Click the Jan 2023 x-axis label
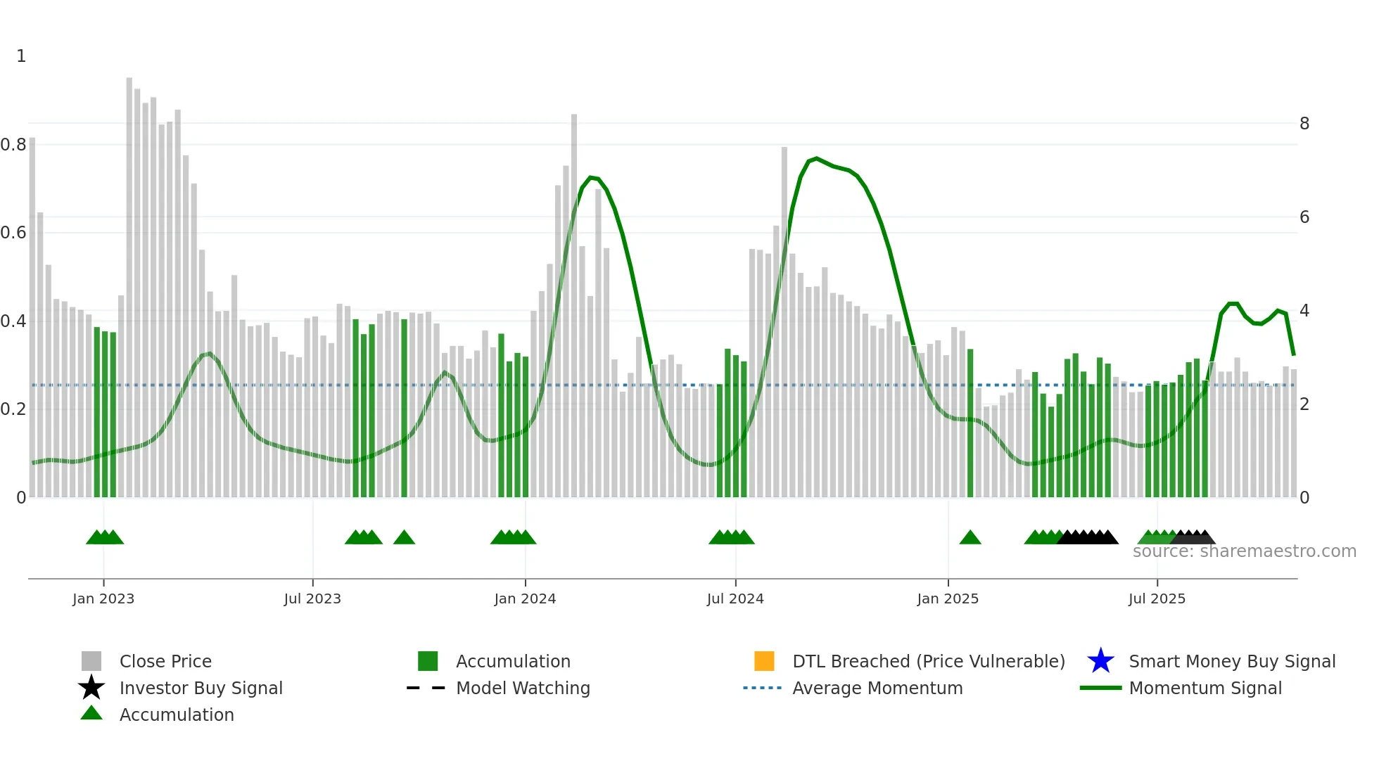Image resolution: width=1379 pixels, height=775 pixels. click(103, 598)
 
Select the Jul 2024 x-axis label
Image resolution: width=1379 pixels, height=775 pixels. click(735, 598)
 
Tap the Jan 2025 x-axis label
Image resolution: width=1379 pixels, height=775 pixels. click(947, 598)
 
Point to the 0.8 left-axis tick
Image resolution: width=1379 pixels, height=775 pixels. click(13, 145)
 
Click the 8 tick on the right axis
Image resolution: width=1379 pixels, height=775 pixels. click(1304, 124)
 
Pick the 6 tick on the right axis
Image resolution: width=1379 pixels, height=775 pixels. click(1304, 217)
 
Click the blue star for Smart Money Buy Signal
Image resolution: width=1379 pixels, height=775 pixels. click(1100, 661)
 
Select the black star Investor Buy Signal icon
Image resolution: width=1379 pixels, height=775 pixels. click(91, 688)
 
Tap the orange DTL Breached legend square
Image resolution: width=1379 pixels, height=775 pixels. click(763, 661)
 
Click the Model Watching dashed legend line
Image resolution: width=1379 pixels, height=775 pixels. click(426, 688)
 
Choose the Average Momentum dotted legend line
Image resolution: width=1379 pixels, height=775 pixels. click(762, 688)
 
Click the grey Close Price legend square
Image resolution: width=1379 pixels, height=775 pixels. click(91, 661)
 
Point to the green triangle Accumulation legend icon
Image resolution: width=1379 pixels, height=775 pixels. click(91, 713)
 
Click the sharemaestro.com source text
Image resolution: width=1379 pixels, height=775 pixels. click(1244, 551)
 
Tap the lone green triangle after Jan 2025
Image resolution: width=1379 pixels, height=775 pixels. click(970, 538)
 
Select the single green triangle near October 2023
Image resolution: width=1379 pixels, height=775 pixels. click(404, 538)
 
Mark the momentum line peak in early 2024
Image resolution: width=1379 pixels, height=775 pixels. click(591, 177)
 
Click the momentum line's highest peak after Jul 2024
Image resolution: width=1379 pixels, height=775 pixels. click(816, 158)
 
